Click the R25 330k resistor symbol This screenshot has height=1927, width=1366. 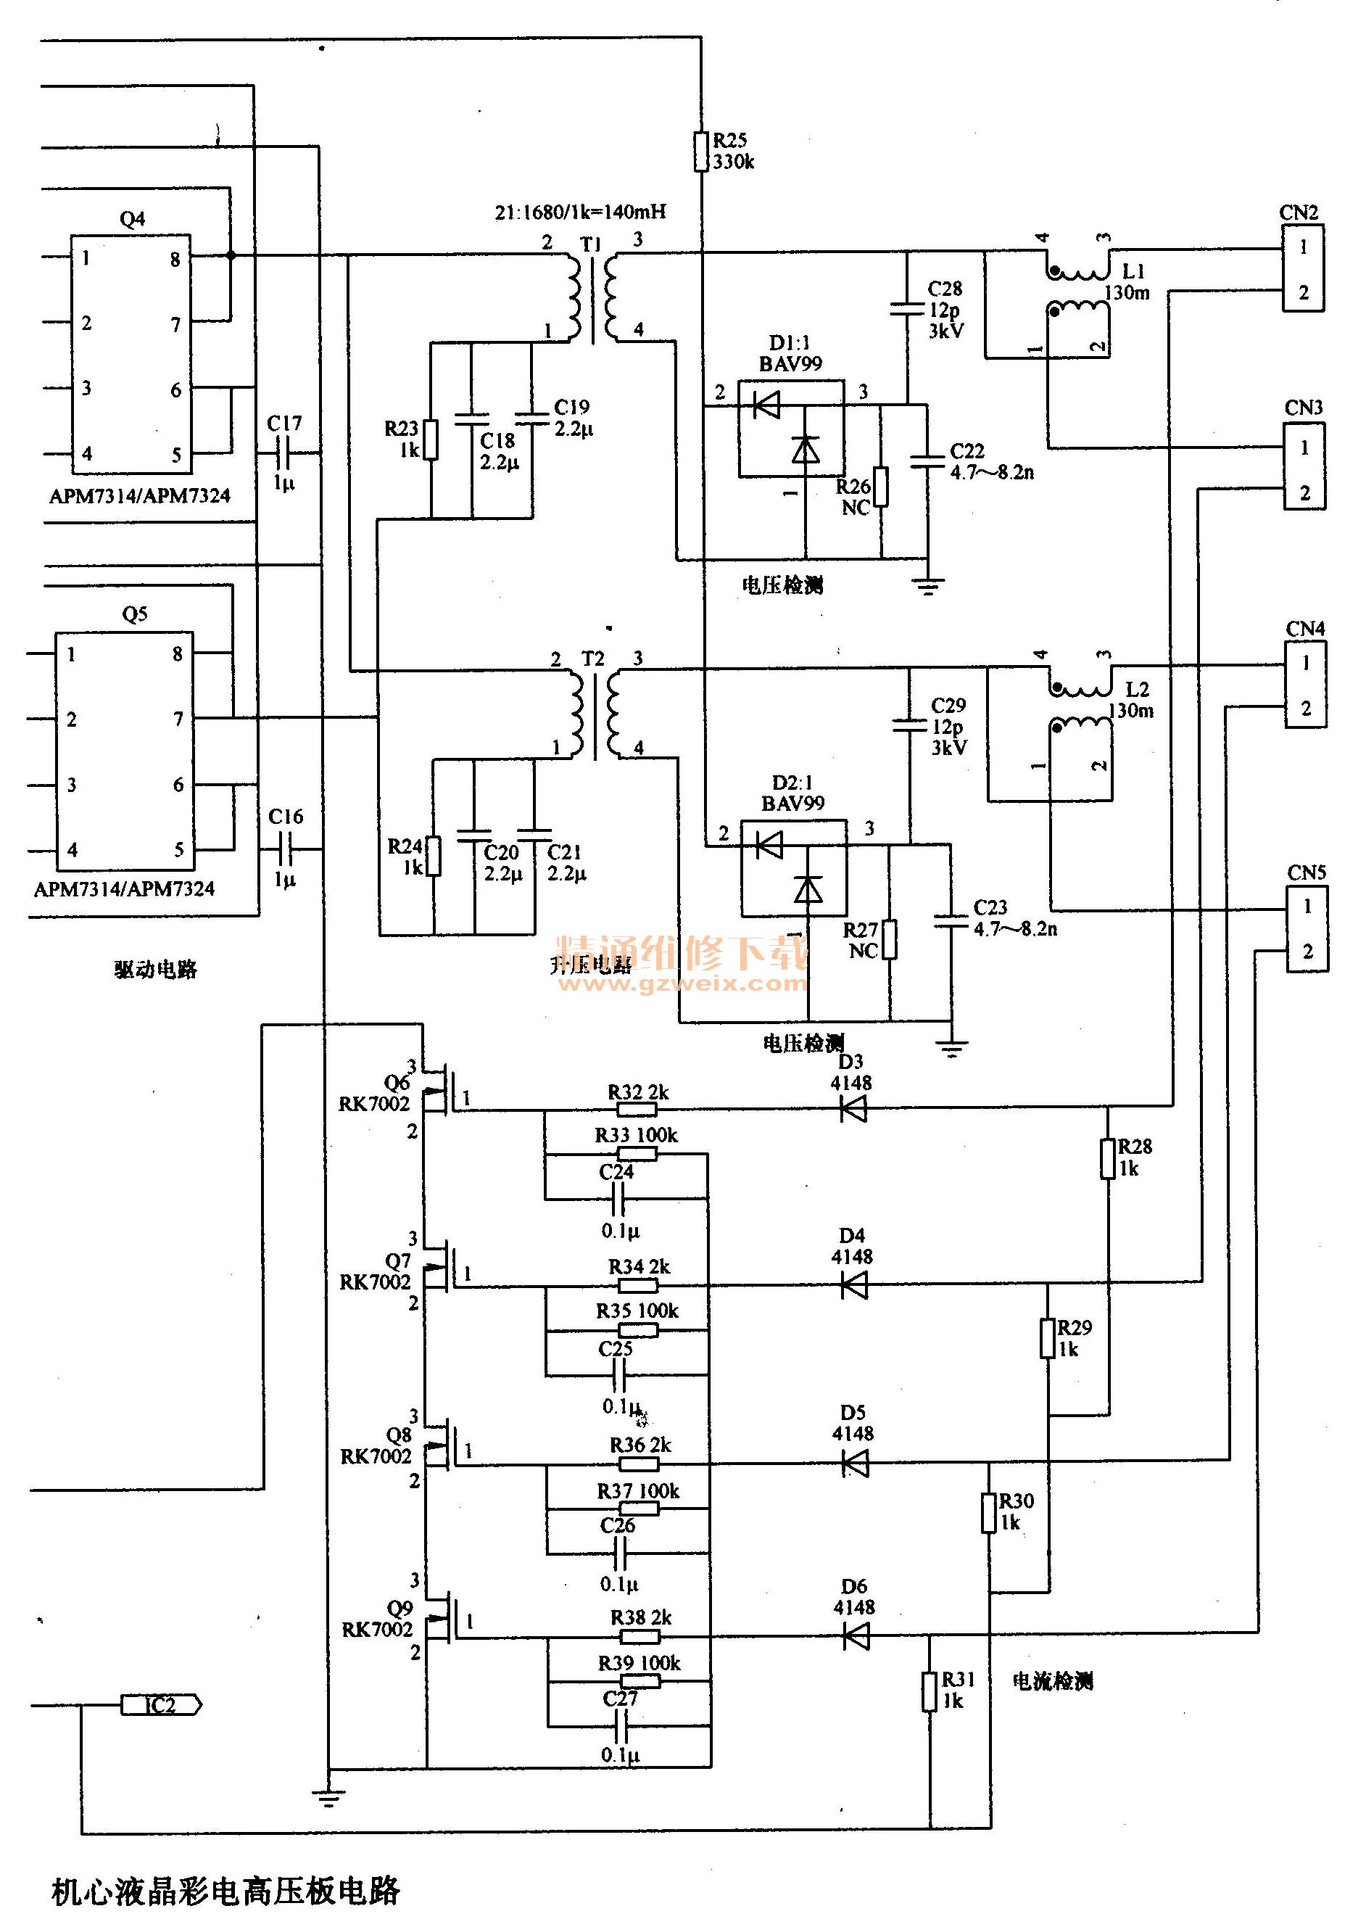700,152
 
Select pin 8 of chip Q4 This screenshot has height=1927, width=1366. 175,259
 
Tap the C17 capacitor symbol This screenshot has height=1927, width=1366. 284,455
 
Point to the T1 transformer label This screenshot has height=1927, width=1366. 592,244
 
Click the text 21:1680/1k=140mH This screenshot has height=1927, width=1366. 580,212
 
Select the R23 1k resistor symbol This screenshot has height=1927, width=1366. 431,439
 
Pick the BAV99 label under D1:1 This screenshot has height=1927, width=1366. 790,363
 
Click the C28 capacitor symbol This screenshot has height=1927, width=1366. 907,309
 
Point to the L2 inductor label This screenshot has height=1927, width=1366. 1137,689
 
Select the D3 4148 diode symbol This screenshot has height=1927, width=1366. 854,1110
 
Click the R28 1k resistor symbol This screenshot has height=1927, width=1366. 1108,1158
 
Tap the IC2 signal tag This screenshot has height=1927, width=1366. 161,1705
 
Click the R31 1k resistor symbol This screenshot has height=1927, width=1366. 930,1691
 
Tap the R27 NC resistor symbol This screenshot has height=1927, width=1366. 889,939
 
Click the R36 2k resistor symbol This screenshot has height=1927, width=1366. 639,1464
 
